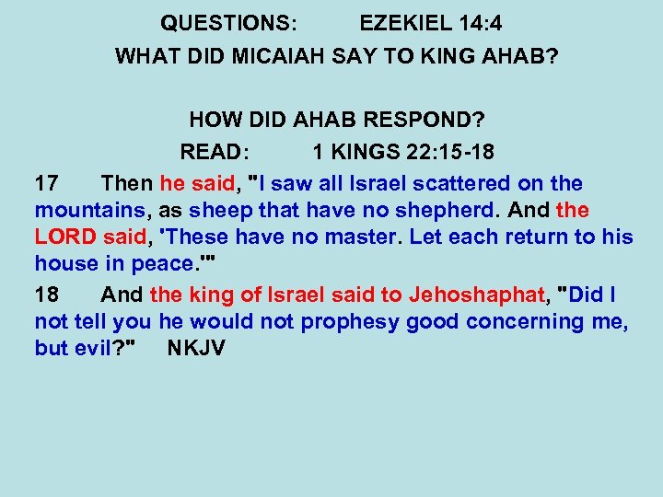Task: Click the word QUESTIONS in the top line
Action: [226, 22]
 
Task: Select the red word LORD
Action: [64, 237]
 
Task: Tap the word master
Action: [358, 237]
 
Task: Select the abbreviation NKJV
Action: [196, 349]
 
